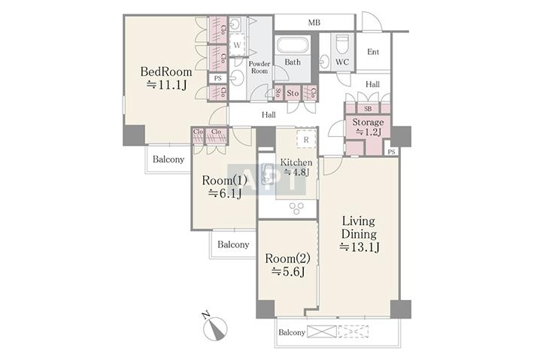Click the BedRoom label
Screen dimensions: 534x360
[x=166, y=72]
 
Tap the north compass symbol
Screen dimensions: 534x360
[x=215, y=328]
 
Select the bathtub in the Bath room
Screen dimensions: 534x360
[x=293, y=45]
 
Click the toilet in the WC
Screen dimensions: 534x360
[x=342, y=44]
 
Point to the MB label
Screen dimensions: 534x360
[x=314, y=23]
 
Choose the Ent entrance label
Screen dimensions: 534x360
[x=373, y=52]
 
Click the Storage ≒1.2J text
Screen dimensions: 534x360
[x=368, y=127]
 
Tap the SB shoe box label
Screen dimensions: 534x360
[x=368, y=109]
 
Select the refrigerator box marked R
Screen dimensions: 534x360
[x=306, y=139]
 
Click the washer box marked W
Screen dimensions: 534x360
[x=237, y=44]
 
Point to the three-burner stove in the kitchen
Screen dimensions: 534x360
[x=296, y=208]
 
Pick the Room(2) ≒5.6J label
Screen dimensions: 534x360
[x=287, y=265]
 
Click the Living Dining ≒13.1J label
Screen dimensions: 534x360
[x=359, y=234]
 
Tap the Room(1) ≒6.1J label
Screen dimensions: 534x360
[x=224, y=186]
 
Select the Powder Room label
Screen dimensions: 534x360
[x=259, y=68]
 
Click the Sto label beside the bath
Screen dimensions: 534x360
[x=293, y=93]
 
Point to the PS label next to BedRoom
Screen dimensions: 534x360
[x=217, y=78]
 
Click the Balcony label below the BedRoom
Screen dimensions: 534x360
[x=168, y=159]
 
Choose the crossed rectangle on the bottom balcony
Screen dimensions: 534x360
[x=322, y=331]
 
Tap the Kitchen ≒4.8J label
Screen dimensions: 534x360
[x=296, y=167]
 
